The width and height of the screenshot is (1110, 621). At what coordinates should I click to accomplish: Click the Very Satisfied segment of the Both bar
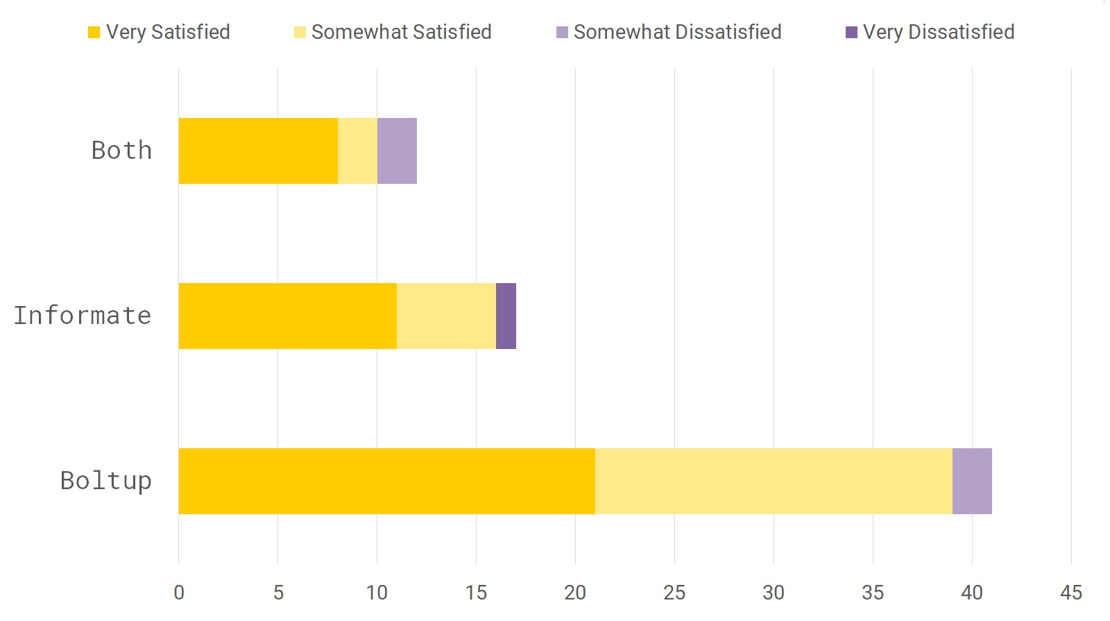pos(258,151)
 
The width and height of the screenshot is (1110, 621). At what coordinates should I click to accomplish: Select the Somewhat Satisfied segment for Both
pos(357,151)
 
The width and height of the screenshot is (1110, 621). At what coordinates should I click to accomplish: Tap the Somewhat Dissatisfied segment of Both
pos(397,151)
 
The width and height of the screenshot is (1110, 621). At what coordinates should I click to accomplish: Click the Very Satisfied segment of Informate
pos(287,316)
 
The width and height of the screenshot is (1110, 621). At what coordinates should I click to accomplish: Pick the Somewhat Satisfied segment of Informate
pos(446,316)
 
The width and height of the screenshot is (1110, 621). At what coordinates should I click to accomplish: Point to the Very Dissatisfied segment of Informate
pos(506,316)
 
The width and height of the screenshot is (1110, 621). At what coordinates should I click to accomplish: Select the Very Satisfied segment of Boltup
pos(386,481)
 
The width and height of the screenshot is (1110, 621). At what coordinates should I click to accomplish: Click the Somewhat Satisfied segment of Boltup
pos(774,481)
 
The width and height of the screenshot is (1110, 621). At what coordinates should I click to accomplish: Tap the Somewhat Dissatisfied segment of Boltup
pos(972,481)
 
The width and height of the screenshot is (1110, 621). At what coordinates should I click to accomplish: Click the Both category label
pos(121,151)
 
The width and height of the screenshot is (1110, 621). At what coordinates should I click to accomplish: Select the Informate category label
pos(83,316)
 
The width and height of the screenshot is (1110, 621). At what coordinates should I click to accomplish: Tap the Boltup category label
pos(105,481)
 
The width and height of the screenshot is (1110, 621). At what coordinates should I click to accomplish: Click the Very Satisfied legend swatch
pos(94,33)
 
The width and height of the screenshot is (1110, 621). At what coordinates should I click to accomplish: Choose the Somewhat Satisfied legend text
pos(401,33)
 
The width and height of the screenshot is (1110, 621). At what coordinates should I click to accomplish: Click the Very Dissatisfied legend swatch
pos(851,33)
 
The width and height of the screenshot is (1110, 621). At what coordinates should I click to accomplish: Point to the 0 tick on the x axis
pos(179,593)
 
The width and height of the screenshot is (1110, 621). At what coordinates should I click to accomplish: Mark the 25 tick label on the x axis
pos(674,593)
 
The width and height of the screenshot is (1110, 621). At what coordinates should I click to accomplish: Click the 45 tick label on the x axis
pos(1070,593)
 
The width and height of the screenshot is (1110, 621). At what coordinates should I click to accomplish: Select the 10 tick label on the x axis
pos(377,593)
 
